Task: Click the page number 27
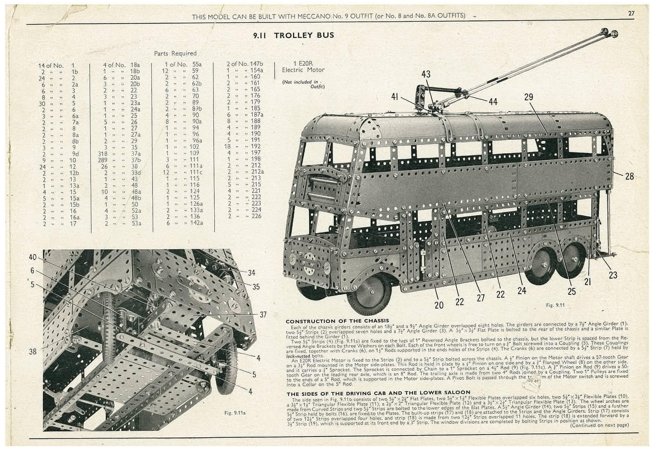631,13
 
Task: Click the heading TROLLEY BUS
304,35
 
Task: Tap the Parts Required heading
175,53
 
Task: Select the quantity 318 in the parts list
102,154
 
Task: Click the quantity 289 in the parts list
102,160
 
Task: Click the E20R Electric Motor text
303,67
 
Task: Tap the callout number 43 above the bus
426,74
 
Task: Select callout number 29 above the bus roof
529,97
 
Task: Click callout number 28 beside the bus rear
629,176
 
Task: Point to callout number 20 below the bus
439,305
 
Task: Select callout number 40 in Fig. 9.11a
33,257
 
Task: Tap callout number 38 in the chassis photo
33,351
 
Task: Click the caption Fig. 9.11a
236,413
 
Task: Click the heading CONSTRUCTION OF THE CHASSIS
337,321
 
